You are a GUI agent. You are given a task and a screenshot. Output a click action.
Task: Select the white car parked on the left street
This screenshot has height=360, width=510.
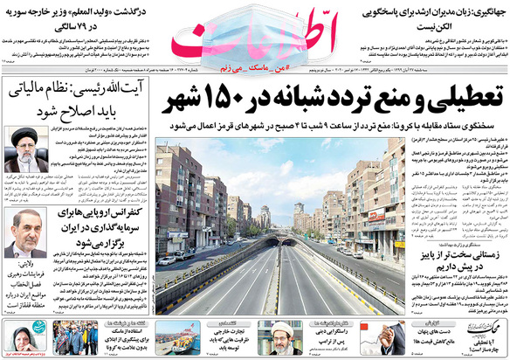(x=166, y=260)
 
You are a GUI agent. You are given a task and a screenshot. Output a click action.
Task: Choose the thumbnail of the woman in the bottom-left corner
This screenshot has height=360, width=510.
(x=17, y=337)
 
